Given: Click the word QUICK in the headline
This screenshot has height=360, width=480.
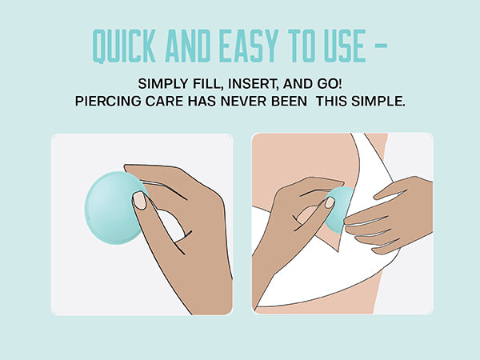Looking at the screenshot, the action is tap(124, 46).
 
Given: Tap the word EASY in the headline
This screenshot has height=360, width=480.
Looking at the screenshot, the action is tap(249, 46).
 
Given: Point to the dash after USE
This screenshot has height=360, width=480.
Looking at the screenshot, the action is tap(381, 46).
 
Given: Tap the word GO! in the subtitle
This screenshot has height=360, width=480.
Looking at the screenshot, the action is tap(330, 83).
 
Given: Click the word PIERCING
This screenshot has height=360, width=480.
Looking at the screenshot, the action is tap(108, 101).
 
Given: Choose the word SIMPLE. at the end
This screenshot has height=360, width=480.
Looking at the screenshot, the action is tap(378, 101).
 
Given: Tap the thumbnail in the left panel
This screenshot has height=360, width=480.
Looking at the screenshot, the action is tap(139, 201).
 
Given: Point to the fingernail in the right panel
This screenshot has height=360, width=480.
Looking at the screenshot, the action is tap(330, 202).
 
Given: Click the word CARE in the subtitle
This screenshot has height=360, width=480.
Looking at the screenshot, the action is tap(164, 101).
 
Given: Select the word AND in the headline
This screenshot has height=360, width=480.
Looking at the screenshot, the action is tap(188, 46).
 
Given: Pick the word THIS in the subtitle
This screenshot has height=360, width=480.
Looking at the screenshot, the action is tap(331, 101).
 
